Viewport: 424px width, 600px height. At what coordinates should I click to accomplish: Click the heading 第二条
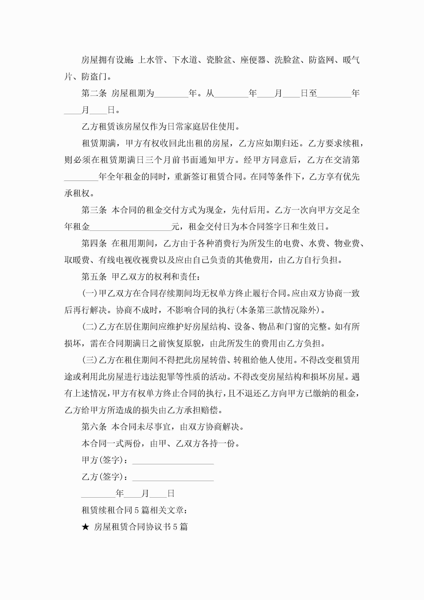[x=94, y=93]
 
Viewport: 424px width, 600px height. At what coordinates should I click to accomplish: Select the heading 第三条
[x=94, y=210]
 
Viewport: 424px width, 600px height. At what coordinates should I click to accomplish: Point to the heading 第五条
[x=94, y=277]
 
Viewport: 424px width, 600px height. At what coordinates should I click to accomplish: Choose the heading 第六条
[x=94, y=427]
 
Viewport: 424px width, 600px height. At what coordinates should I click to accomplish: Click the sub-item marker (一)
[x=90, y=294]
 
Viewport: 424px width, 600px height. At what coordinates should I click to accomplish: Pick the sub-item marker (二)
[x=90, y=327]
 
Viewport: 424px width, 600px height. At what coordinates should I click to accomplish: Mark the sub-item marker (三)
[x=90, y=360]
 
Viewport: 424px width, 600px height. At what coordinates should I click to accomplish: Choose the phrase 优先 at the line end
[x=351, y=177]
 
